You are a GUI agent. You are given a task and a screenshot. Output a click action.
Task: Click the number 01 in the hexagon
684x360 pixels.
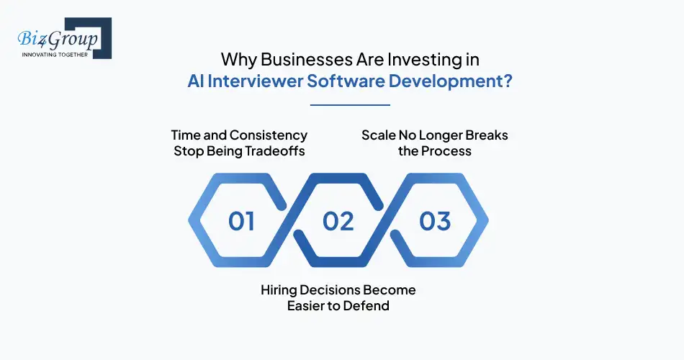point(241,221)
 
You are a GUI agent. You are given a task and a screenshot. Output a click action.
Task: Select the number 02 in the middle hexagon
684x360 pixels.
point(338,221)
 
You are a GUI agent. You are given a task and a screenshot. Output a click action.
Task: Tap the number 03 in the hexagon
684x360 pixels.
point(435,221)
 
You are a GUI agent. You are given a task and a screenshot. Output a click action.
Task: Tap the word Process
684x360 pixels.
point(446,151)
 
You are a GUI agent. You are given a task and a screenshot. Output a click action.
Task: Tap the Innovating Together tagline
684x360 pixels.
point(55,54)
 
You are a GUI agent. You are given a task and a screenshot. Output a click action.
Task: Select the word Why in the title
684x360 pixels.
point(236,59)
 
